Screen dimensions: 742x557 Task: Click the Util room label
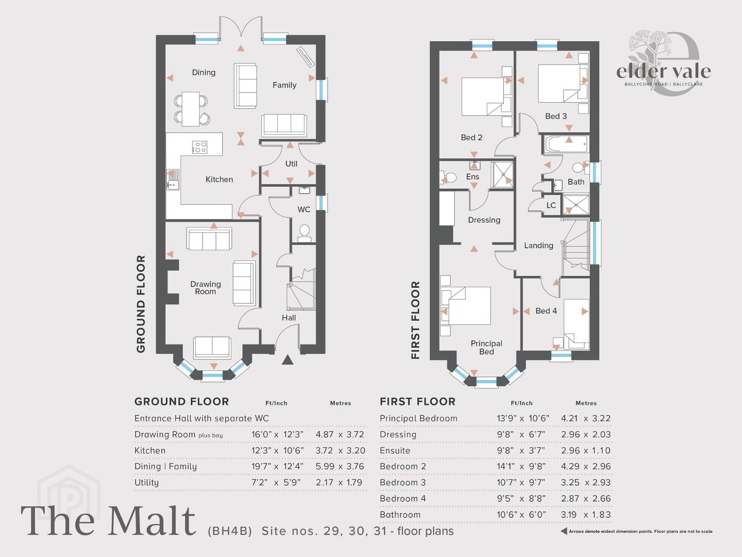(x=291, y=163)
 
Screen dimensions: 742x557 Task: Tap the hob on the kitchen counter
(x=199, y=147)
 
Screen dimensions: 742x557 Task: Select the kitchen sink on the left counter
(x=173, y=179)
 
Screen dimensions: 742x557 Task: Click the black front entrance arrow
(x=288, y=359)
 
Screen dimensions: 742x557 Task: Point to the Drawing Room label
(x=206, y=288)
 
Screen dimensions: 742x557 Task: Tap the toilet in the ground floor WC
(x=304, y=233)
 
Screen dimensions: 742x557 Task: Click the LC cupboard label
(x=551, y=205)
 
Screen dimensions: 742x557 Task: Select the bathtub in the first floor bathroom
(x=566, y=144)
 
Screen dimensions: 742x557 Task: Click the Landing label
(x=538, y=245)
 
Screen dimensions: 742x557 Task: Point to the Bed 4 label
(x=546, y=311)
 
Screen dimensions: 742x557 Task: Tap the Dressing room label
(x=484, y=220)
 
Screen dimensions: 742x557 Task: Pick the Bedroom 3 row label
(x=402, y=482)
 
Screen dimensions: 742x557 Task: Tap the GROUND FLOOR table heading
(x=182, y=401)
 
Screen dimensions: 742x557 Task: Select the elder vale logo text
(x=663, y=72)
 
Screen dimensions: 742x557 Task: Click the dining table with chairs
(x=191, y=109)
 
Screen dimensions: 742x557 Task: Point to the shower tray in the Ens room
(x=502, y=174)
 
